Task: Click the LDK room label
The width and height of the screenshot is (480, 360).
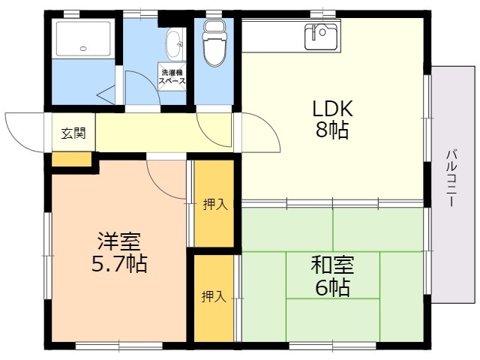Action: coord(332,108)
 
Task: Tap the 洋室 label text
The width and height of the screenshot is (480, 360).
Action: coord(119,241)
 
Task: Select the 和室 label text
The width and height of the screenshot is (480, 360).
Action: coord(332,265)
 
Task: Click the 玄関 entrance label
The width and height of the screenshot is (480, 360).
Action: coord(73,133)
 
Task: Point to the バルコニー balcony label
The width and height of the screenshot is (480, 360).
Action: coord(451,178)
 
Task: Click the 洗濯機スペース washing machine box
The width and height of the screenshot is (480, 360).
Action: coord(172,76)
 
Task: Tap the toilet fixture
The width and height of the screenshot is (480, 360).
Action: coord(214,43)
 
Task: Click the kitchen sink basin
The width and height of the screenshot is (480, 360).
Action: coord(321,37)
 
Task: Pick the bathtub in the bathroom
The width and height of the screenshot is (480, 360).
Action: coord(83,38)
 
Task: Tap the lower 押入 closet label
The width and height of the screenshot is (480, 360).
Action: coord(214,296)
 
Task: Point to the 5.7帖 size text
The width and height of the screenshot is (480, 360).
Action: coord(119,263)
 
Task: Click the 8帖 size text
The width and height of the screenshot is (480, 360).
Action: coord(332,130)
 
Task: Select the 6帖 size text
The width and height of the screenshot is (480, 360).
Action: coord(332,287)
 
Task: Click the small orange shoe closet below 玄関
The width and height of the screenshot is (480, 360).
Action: coord(72,159)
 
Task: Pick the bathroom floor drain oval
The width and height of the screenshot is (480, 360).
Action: coord(83,48)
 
